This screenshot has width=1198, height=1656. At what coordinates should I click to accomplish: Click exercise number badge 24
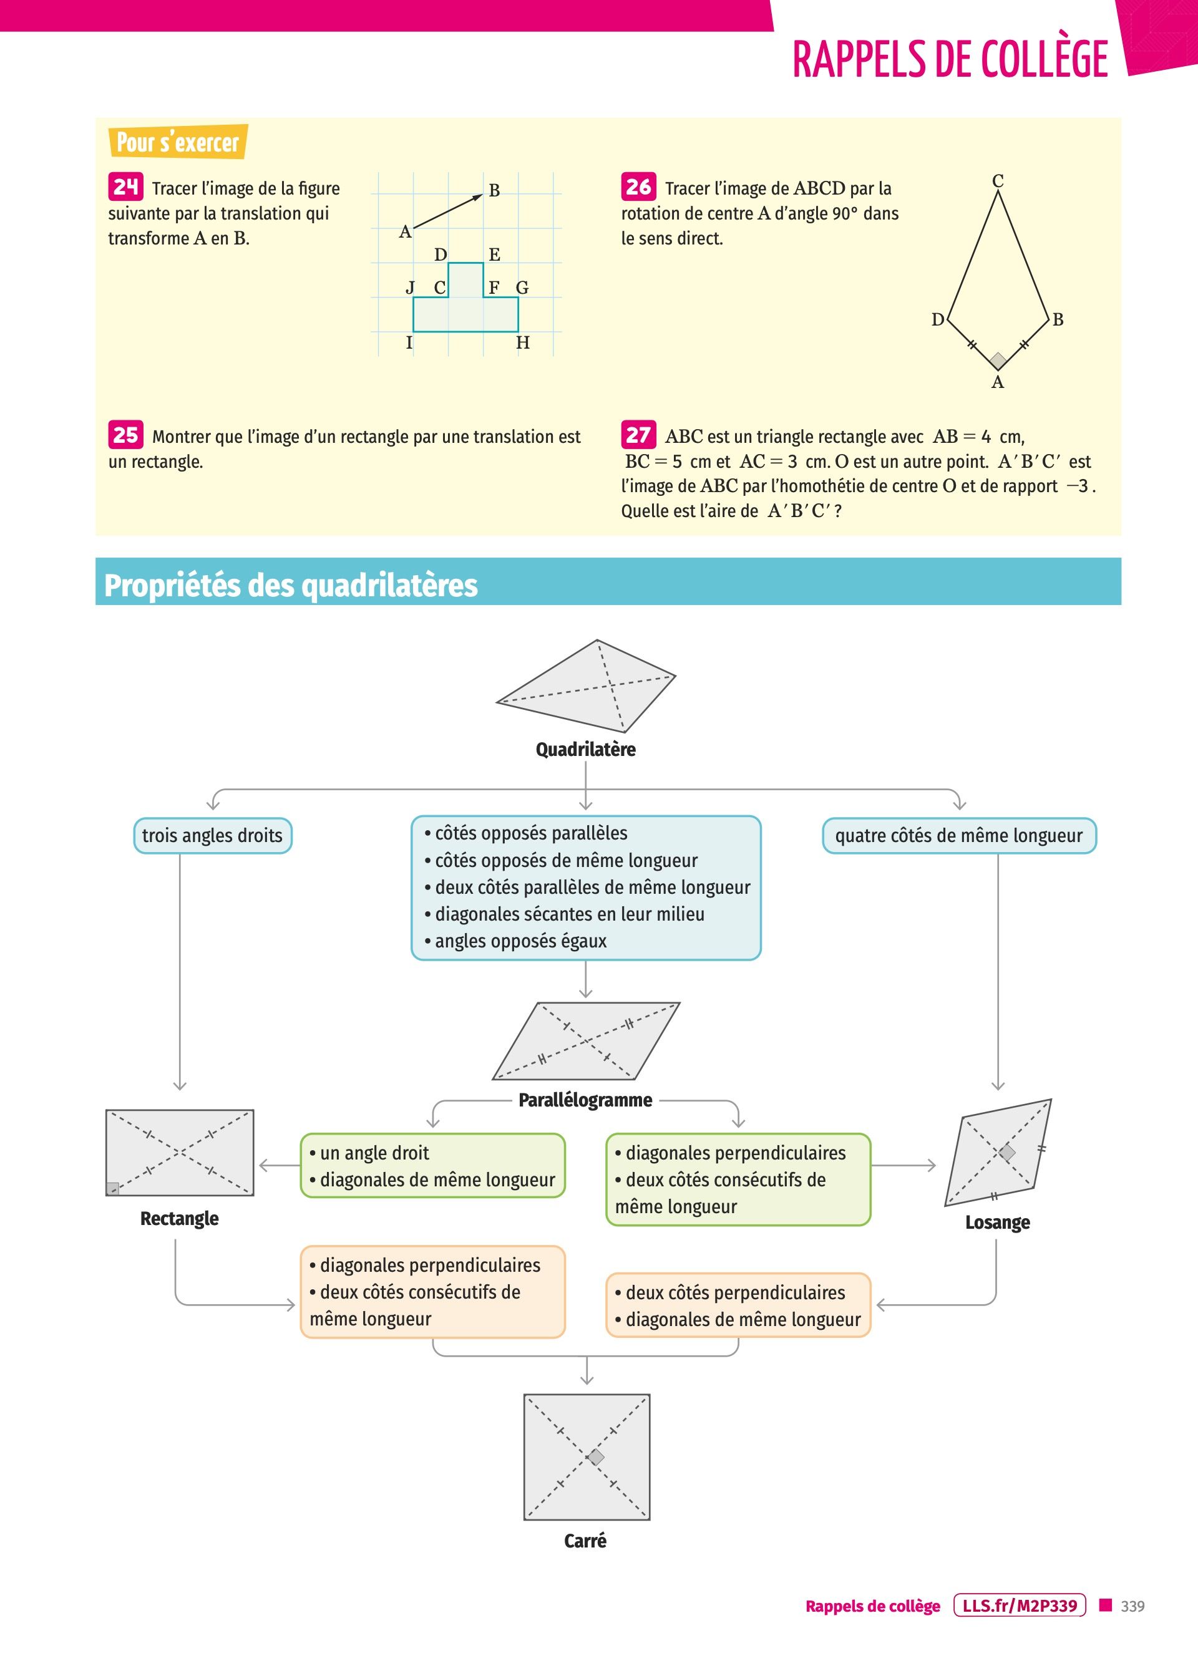125,187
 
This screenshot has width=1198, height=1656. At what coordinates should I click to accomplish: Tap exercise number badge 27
638,435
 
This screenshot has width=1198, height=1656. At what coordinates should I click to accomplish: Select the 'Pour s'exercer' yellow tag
177,142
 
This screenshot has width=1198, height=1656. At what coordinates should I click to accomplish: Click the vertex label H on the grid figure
522,342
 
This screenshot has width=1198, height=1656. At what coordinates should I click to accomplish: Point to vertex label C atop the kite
998,180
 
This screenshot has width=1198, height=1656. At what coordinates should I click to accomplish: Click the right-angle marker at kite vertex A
998,360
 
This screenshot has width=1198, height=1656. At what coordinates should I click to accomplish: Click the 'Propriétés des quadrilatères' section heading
291,585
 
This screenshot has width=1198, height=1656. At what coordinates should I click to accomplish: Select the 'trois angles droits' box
213,835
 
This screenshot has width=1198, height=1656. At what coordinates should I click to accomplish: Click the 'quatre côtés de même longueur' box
959,835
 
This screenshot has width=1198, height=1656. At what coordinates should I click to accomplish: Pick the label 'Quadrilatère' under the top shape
585,749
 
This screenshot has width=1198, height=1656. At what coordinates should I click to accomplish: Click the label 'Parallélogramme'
585,1100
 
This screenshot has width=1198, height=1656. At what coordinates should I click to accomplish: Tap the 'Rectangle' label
179,1218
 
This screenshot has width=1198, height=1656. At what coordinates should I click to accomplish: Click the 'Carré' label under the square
585,1540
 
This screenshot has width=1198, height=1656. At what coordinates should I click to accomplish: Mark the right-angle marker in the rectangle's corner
112,1189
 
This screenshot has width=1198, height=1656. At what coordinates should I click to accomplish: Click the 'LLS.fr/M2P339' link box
1020,1605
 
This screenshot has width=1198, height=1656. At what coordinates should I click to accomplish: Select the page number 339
1132,1605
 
